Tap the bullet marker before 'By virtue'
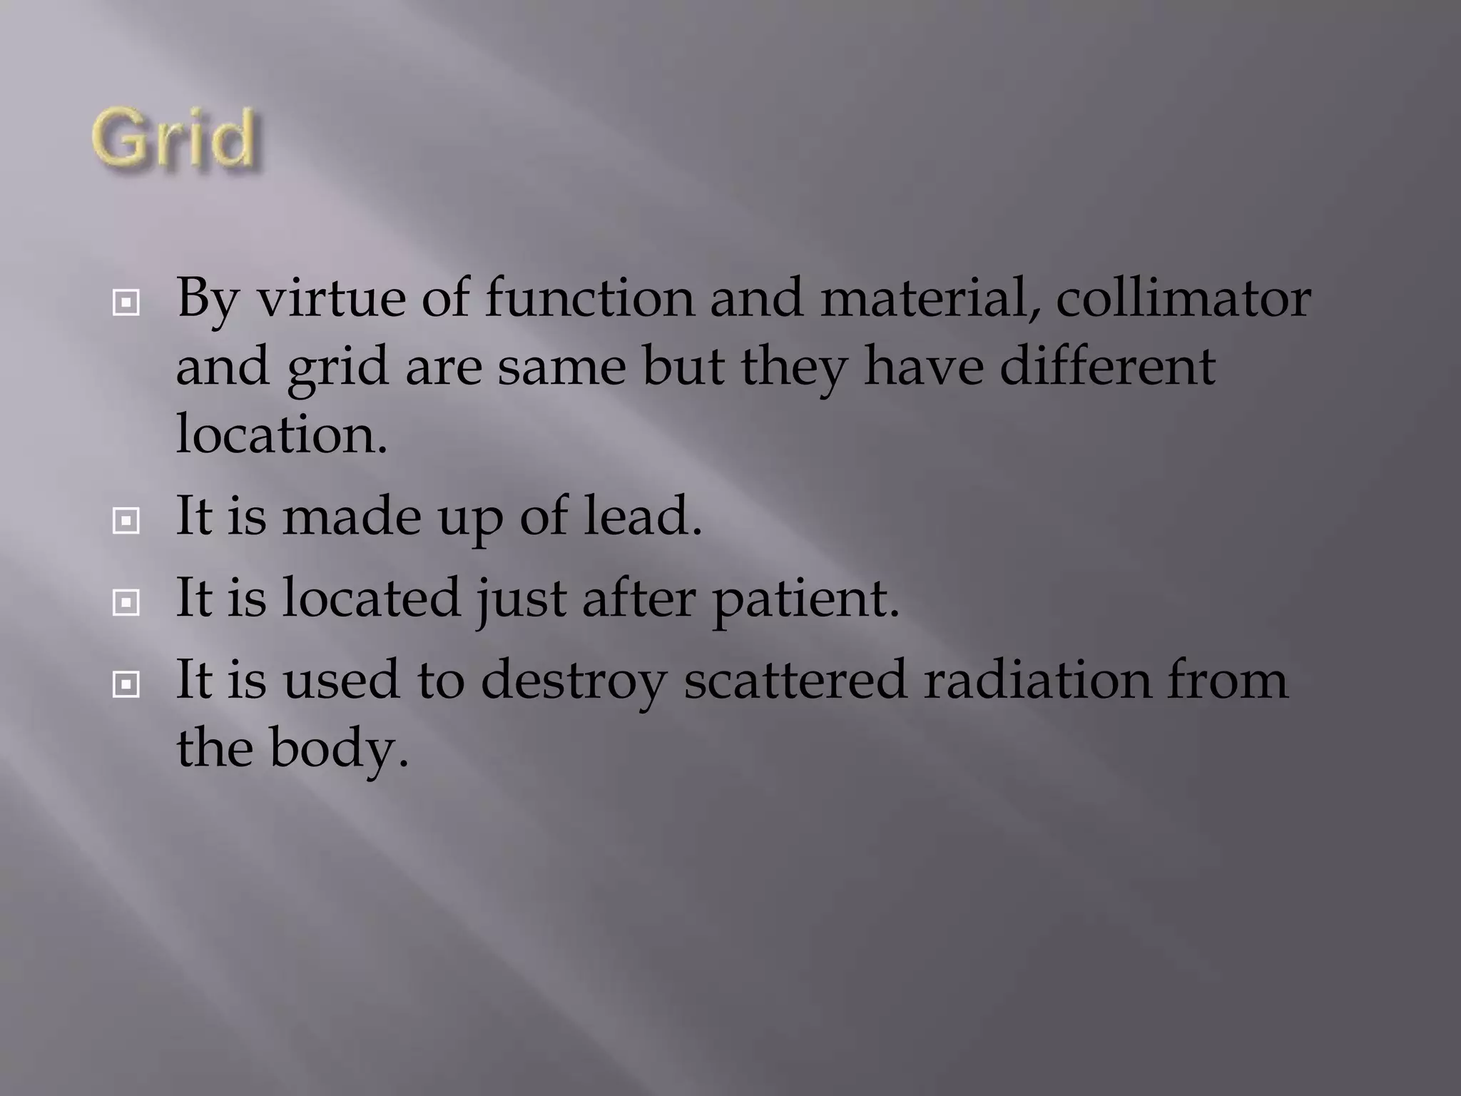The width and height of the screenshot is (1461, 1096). (x=126, y=304)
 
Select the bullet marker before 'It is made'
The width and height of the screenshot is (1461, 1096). (x=126, y=522)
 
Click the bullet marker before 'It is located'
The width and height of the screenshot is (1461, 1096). (x=126, y=604)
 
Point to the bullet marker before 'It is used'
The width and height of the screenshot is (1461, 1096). (x=126, y=686)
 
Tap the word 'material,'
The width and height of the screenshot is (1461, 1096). (x=930, y=298)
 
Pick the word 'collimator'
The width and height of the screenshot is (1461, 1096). (x=1183, y=298)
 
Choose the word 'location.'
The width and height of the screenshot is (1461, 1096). (x=282, y=434)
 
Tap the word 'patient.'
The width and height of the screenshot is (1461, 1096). (x=805, y=598)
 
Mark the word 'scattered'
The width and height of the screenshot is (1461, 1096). (x=795, y=679)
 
